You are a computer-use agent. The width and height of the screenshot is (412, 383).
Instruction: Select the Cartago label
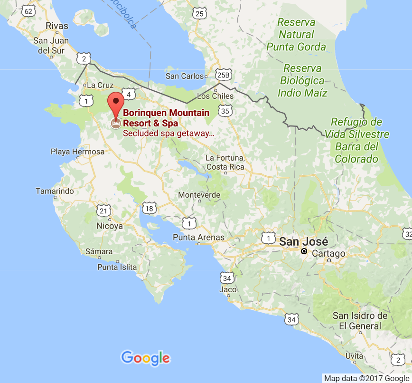[328, 254]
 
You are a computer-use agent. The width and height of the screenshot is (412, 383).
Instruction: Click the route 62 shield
[29, 11]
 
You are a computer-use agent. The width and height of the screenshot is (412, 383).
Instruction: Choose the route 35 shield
[225, 111]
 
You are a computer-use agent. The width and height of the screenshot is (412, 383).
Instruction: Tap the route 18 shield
[150, 208]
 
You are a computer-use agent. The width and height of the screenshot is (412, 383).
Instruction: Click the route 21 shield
[104, 211]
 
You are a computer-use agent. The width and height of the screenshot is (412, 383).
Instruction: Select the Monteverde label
[199, 195]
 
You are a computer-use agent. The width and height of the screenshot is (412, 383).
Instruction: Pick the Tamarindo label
[55, 191]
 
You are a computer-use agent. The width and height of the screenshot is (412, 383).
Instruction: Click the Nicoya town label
[110, 226]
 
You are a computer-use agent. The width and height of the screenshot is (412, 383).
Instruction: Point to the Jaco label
[228, 289]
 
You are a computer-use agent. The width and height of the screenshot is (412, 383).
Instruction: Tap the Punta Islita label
[117, 267]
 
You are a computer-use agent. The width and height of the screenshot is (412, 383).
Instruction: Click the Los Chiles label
[215, 96]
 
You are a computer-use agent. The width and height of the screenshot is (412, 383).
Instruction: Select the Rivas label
[57, 26]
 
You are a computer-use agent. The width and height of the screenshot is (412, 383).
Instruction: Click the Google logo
[145, 357]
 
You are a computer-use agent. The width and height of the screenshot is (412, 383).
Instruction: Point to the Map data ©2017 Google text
[366, 378]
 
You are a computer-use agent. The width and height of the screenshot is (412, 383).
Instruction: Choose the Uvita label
[355, 355]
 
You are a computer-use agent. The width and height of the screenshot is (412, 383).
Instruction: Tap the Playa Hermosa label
[77, 152]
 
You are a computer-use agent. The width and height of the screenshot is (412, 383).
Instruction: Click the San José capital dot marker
[304, 251]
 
